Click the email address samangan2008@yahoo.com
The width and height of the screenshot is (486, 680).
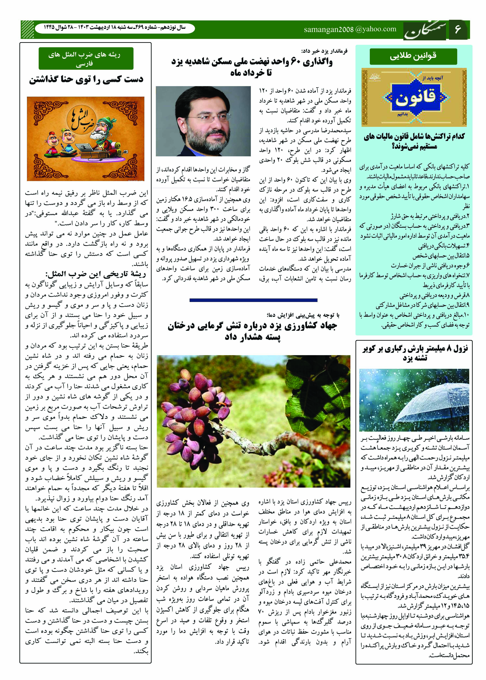pyautogui.click(x=350, y=29)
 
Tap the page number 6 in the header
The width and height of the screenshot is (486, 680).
pyautogui.click(x=458, y=30)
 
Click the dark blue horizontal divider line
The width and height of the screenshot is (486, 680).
pyautogui.click(x=253, y=300)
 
